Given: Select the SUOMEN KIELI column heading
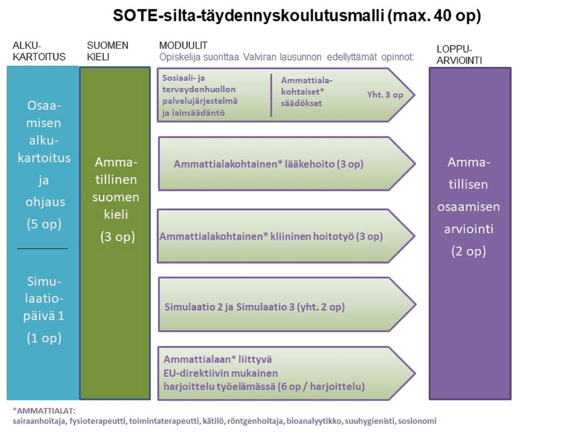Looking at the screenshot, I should coord(107,51).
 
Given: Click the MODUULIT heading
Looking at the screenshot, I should coord(183,45).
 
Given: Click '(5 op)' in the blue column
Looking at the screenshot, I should coord(44,224).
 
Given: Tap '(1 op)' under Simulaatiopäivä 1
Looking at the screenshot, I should coord(44,338).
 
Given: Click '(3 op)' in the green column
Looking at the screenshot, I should coord(118,237).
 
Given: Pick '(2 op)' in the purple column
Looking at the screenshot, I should coord(469,251).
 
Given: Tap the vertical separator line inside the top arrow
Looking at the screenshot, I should coord(271,95).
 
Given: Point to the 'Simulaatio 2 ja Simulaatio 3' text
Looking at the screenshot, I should coord(229,307).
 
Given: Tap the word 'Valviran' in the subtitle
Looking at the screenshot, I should coord(260,57).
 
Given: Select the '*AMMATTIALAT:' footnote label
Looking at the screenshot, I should coord(44,411).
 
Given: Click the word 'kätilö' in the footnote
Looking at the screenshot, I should coord(213,421).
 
